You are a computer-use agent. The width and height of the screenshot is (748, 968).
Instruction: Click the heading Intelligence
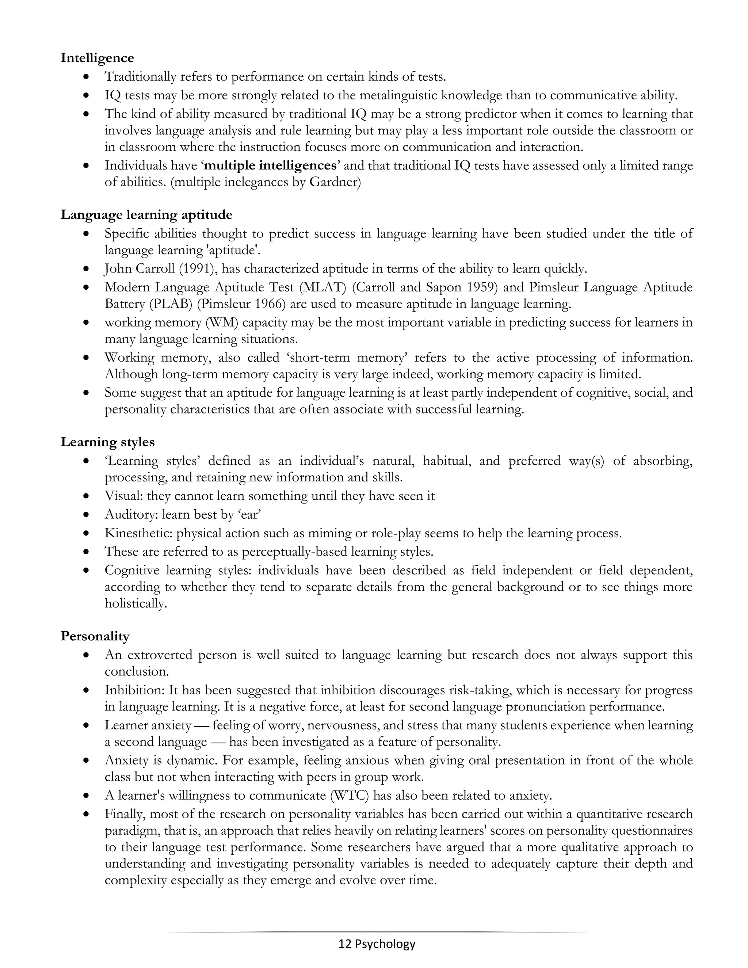[97, 58]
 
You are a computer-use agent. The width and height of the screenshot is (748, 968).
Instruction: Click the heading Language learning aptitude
[146, 214]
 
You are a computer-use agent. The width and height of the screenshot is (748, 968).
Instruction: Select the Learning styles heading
[108, 442]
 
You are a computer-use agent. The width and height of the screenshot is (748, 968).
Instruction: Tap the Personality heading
[95, 636]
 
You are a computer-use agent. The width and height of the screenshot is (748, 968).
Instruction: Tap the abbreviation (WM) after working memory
[222, 322]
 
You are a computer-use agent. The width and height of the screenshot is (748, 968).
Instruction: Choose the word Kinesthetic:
[138, 533]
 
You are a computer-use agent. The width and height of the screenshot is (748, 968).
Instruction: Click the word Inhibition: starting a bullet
[133, 690]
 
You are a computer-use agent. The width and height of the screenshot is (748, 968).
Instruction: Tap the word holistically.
[136, 604]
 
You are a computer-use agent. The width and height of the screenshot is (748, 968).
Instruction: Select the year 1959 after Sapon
[480, 287]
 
